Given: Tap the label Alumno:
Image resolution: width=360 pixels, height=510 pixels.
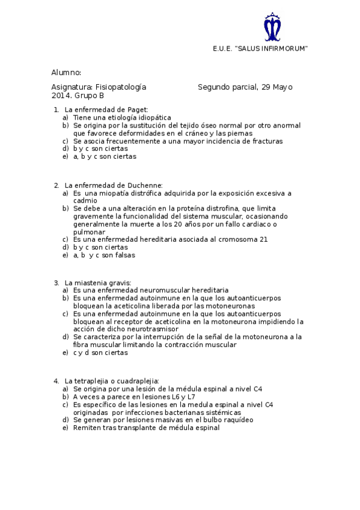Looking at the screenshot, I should point(66,72).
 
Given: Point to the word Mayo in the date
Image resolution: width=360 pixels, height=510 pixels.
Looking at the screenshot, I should point(283,87).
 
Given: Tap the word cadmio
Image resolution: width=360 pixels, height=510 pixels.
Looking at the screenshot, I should point(85,201).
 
